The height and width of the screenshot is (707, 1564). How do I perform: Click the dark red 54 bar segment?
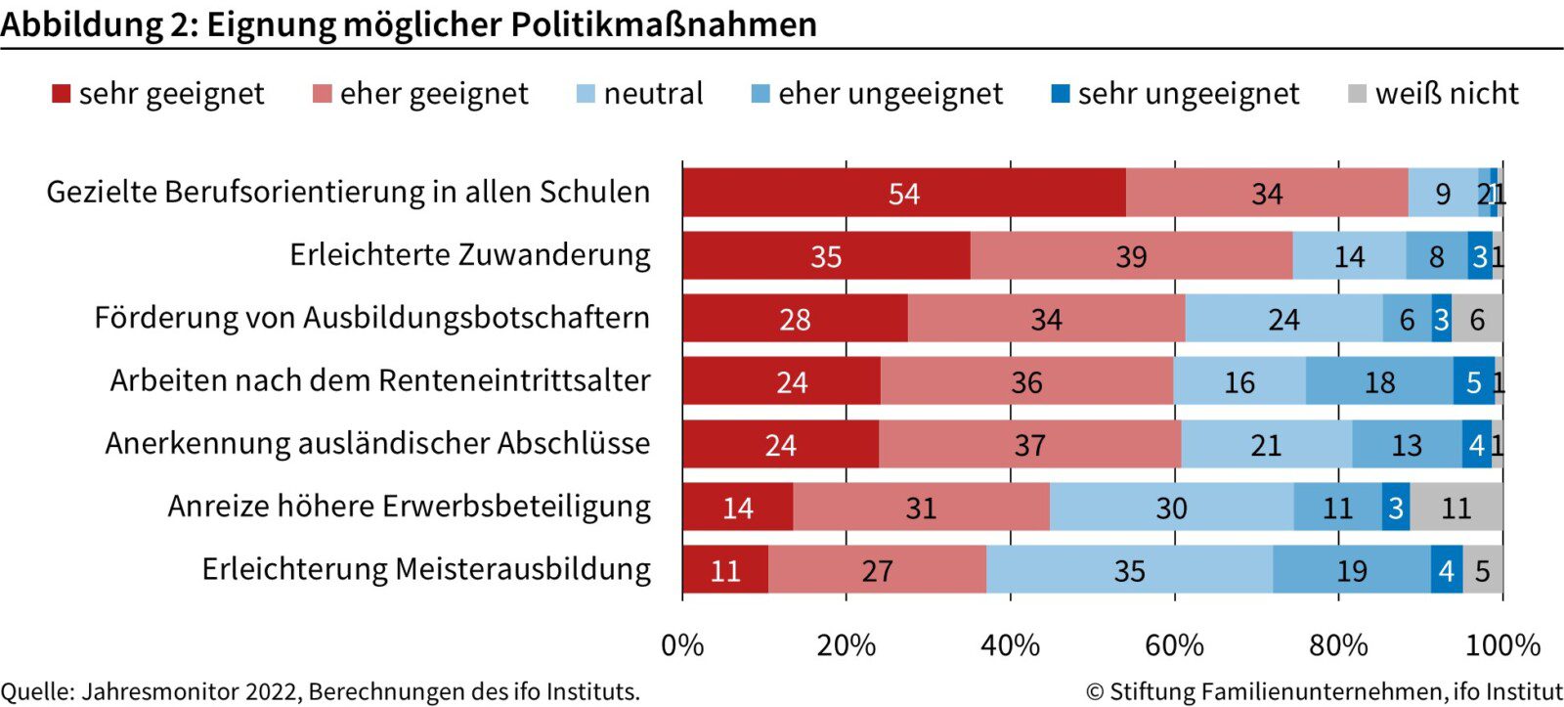[x=903, y=193]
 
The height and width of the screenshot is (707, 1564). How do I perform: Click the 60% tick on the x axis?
[x=1174, y=645]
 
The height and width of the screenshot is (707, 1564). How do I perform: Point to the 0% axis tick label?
[x=682, y=645]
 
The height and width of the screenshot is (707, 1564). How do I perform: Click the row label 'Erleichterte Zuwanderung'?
[x=469, y=255]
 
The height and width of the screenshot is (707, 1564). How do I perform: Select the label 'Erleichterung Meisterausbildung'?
[x=426, y=569]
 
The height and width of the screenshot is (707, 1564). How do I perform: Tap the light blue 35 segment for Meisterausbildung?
[x=1129, y=570]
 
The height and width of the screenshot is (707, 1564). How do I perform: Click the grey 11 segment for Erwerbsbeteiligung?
[x=1456, y=508]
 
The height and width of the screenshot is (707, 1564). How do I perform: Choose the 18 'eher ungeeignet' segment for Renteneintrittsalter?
[x=1379, y=381]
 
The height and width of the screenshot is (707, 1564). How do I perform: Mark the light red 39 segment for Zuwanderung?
[x=1131, y=256]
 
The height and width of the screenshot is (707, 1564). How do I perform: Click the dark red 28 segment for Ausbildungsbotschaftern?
[x=795, y=319]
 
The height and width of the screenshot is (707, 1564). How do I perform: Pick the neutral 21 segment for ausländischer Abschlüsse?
[x=1266, y=445]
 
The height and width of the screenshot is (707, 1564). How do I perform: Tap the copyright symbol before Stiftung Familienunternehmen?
[x=1095, y=692]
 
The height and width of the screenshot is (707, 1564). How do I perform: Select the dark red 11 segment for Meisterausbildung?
[x=725, y=570]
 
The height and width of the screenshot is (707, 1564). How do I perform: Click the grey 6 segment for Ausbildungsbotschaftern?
[x=1477, y=319]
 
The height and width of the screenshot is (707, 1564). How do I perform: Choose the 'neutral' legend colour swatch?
[x=586, y=94]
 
